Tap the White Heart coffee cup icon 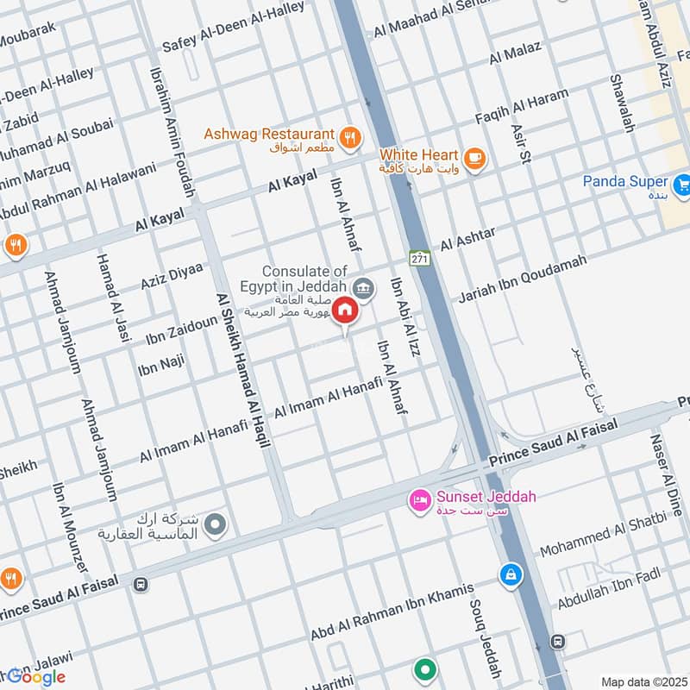pyautogui.click(x=474, y=158)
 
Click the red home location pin pyautogui.click(x=345, y=309)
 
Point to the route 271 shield pyautogui.click(x=420, y=258)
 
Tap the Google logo pyautogui.click(x=34, y=676)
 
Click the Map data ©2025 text pyautogui.click(x=643, y=681)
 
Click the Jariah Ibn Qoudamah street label pyautogui.click(x=523, y=279)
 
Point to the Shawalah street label pyautogui.click(x=621, y=103)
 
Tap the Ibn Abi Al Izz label pyautogui.click(x=405, y=310)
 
